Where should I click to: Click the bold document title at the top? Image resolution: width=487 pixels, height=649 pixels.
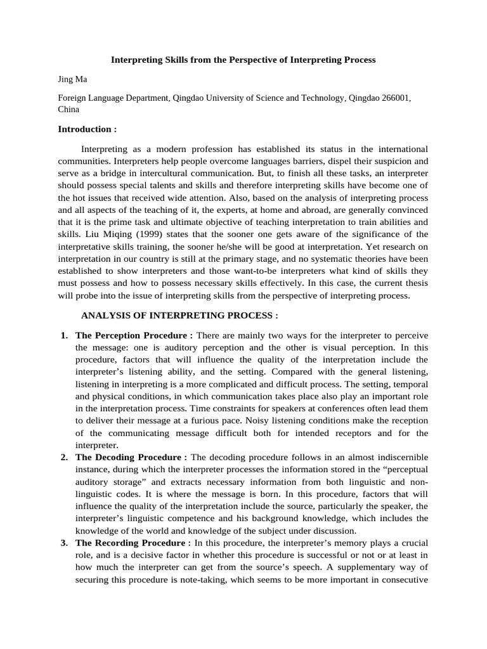[x=243, y=60]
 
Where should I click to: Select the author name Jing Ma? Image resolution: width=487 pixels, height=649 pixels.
[x=72, y=79]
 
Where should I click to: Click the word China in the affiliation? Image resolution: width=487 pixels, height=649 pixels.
[x=68, y=109]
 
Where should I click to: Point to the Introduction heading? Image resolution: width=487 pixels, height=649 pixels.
[x=88, y=129]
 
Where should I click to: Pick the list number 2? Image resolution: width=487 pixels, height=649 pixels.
[x=64, y=457]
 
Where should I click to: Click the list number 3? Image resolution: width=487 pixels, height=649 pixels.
[x=64, y=543]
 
